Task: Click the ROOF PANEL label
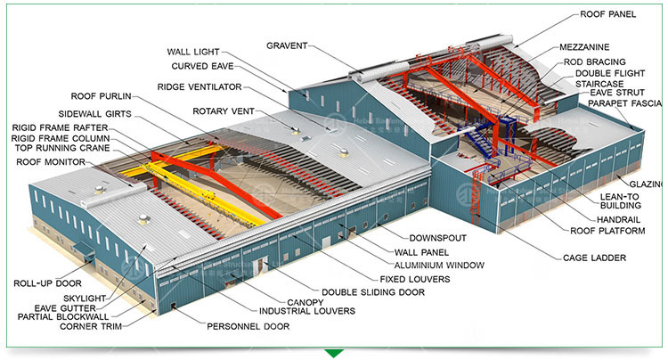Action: point(607,15)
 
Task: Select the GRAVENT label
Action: point(287,45)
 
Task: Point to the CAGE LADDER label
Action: point(594,258)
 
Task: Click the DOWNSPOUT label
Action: point(438,238)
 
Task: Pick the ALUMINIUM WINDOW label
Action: point(439,265)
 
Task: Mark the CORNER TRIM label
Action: point(91,326)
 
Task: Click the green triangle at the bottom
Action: point(334,353)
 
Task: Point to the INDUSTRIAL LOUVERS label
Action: point(307,311)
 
